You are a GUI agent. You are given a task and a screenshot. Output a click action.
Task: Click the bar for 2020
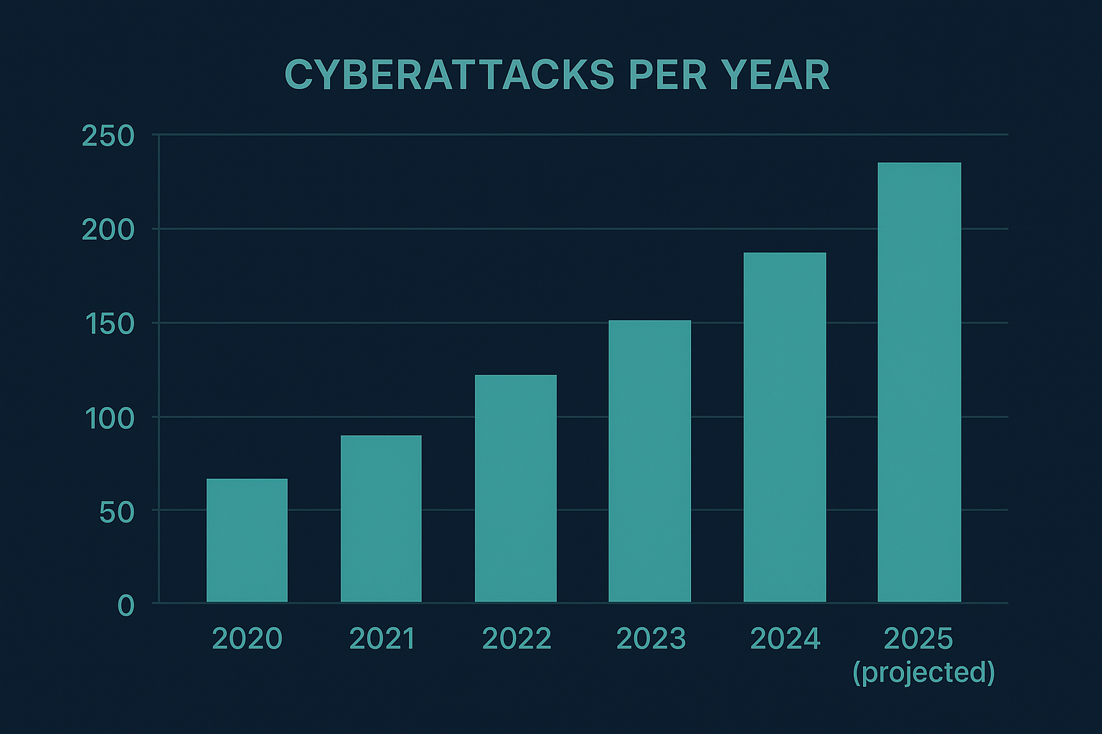247,540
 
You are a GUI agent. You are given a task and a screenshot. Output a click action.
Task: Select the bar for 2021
381,519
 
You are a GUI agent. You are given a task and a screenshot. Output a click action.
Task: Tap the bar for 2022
515,489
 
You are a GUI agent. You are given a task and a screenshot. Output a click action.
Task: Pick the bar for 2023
649,462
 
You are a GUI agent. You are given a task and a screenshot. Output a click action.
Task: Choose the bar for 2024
784,427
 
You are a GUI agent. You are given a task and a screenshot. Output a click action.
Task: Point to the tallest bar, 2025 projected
919,383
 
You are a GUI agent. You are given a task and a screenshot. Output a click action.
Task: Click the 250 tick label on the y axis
108,136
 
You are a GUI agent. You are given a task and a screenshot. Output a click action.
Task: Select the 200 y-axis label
108,230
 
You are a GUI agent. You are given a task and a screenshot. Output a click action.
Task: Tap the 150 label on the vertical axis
108,324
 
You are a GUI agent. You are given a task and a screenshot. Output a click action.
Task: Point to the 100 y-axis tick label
110,419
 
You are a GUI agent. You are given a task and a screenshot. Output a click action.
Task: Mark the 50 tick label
117,513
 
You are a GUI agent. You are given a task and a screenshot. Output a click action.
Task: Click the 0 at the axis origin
126,606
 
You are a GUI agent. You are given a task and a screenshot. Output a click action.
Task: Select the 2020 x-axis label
247,639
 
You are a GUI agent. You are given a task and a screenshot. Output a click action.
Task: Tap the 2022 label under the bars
517,639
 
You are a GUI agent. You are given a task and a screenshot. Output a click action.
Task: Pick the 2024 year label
785,639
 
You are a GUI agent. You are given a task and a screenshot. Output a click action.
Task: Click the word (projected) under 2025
923,672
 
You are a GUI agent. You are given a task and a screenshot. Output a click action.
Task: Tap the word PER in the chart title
667,75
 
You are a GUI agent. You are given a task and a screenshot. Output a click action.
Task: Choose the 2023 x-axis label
651,639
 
